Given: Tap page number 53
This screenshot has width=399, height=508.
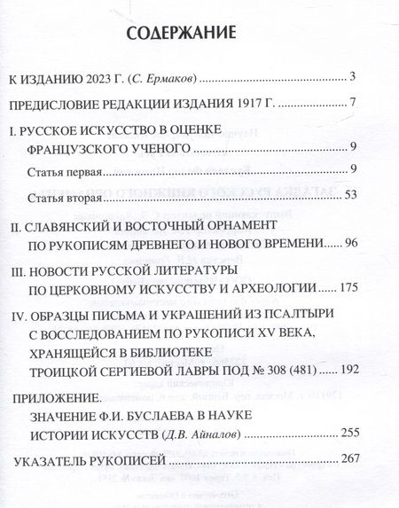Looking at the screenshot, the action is [348, 195].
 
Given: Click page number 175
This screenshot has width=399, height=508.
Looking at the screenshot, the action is [344, 288].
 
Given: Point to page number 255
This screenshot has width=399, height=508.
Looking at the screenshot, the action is [344, 435].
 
